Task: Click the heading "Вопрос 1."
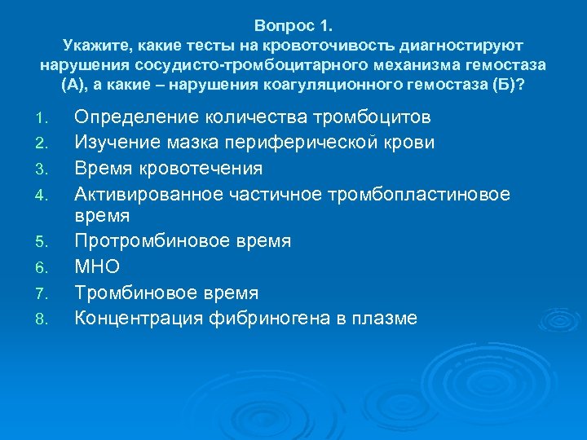pos(293,25)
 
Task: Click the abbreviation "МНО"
pos(97,267)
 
